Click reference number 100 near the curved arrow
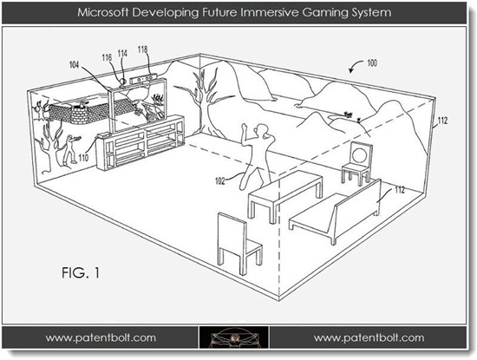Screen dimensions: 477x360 click(372, 63)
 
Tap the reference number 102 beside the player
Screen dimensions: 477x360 click(220, 181)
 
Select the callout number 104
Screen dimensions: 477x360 click(75, 64)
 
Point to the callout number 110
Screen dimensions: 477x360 click(83, 158)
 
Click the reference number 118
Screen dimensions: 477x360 click(142, 49)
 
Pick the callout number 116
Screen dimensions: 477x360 click(107, 57)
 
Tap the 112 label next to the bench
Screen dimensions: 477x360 click(400, 190)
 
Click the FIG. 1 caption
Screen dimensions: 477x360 click(81, 272)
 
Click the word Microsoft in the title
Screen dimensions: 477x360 click(102, 12)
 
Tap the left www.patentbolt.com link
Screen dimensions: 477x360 click(101, 337)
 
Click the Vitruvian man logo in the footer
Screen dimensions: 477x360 click(234, 337)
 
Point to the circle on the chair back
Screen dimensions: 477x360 click(360, 154)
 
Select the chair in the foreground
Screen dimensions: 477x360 click(238, 243)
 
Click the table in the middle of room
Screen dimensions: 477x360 click(284, 196)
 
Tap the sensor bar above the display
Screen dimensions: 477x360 click(144, 79)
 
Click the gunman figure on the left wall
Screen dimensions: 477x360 click(70, 148)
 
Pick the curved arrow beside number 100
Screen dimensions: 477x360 click(355, 65)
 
